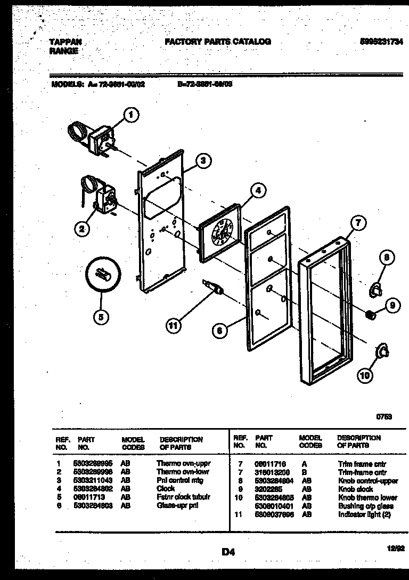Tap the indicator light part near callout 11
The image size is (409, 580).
pyautogui.click(x=212, y=287)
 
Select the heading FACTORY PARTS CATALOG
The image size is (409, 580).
pyautogui.click(x=218, y=41)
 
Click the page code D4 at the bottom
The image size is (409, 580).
pyautogui.click(x=228, y=552)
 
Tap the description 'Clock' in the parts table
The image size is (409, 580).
pyautogui.click(x=166, y=488)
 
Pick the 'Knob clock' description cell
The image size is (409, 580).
pyautogui.click(x=355, y=489)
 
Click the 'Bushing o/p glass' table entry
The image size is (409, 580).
pyautogui.click(x=366, y=506)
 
